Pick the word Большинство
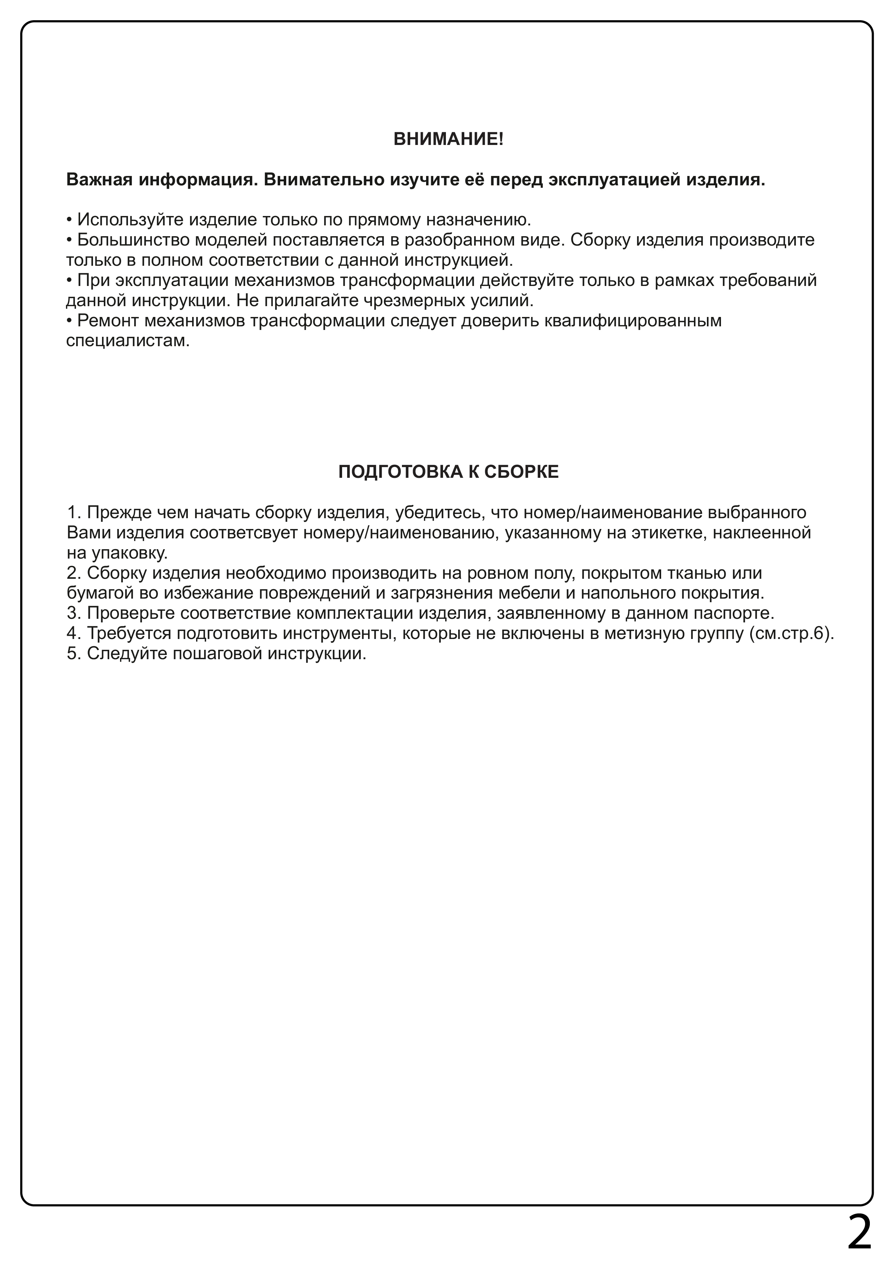(134, 240)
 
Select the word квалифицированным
(632, 321)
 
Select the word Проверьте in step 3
(131, 613)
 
